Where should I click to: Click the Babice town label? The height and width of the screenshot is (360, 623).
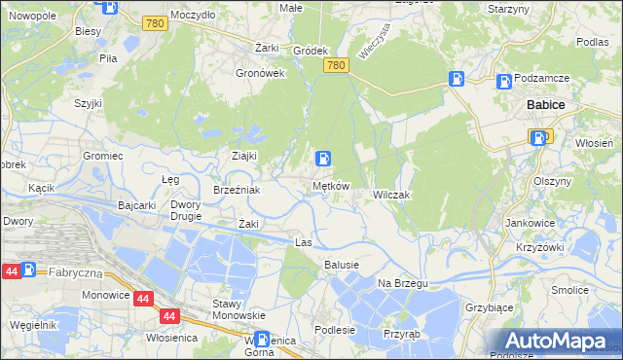546,104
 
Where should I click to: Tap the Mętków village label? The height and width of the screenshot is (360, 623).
330,186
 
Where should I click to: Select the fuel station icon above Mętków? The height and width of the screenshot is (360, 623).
324,159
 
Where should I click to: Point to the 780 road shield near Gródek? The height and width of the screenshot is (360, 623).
336,65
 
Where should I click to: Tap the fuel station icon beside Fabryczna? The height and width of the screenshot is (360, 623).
28,270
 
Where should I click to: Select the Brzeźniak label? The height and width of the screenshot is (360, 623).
236,190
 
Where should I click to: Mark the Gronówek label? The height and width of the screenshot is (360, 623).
260,73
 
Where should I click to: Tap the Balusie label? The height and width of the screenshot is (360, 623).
342,265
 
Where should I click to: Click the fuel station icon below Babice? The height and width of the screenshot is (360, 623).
539,138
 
